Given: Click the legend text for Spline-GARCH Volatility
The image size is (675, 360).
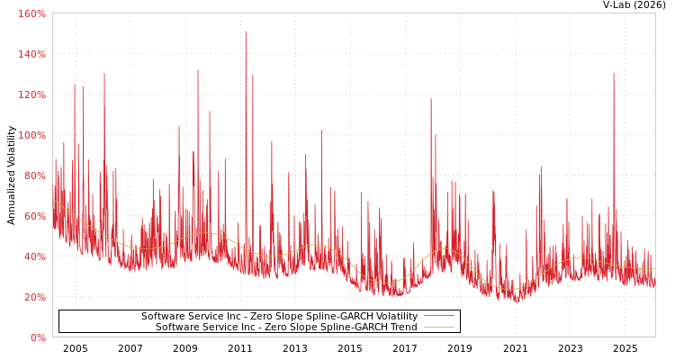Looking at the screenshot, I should tap(279, 317).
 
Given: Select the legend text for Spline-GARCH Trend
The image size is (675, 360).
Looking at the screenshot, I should tap(286, 328).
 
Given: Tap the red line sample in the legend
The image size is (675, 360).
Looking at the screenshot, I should tap(438, 317).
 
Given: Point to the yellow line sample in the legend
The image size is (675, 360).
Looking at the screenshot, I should tap(438, 328).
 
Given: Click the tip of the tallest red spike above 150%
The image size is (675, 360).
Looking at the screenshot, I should tap(245, 31).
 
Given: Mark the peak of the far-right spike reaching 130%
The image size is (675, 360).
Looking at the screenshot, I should tap(614, 74).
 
